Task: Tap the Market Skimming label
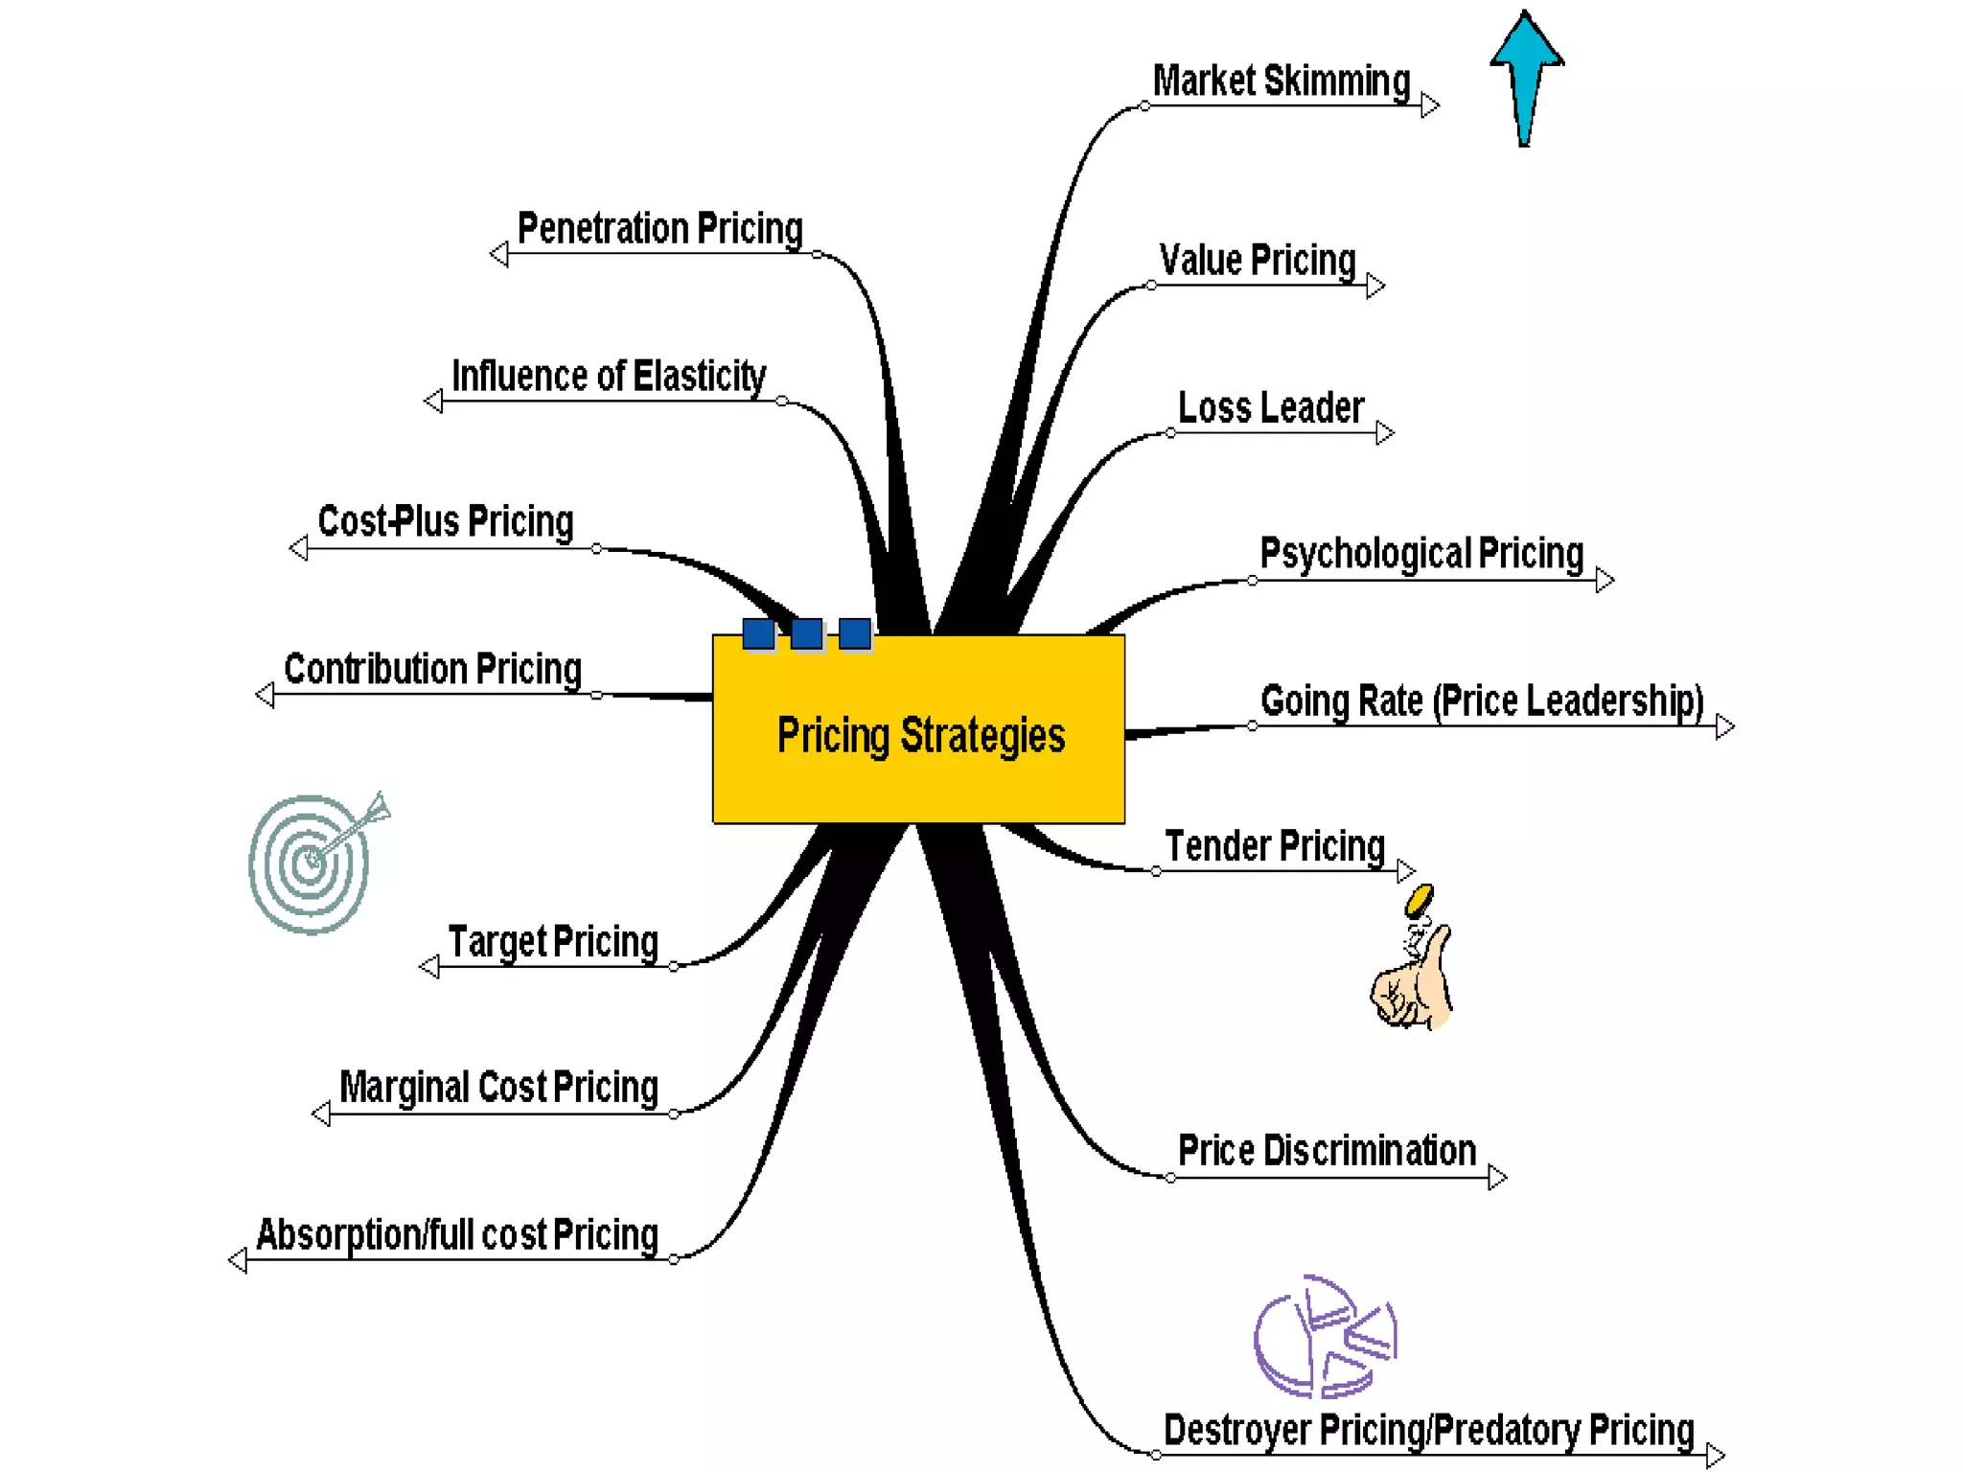[1281, 81]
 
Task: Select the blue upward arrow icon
[1526, 77]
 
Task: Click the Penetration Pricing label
[659, 229]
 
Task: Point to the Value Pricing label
[1257, 261]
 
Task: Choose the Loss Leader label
[1270, 408]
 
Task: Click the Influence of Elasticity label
[609, 377]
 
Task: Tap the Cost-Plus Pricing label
[446, 522]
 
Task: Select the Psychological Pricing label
[1420, 554]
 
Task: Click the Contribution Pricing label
[432, 669]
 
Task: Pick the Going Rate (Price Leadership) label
[1481, 701]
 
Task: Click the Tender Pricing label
[1275, 847]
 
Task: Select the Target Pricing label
[553, 942]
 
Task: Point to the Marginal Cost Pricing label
[498, 1088]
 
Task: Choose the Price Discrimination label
[1327, 1151]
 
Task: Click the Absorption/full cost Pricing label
[457, 1235]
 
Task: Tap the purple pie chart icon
[1325, 1336]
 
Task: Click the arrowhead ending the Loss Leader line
[1384, 433]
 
